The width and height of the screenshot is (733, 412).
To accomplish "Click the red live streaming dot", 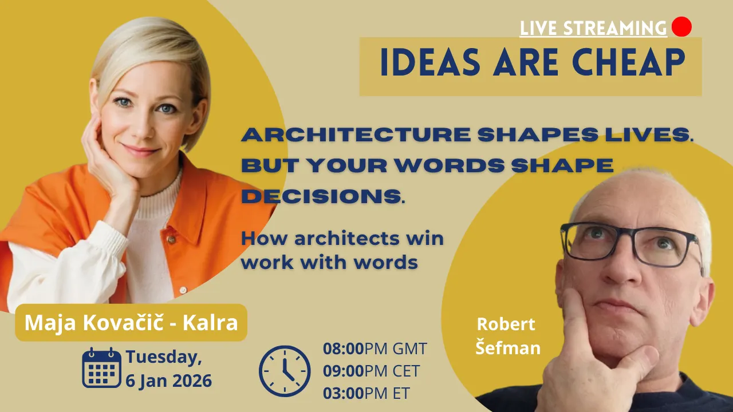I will (681, 26).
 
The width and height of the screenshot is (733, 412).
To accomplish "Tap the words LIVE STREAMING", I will (593, 27).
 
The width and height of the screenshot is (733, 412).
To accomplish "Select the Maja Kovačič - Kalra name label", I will (131, 323).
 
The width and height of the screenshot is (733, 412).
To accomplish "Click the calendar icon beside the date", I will (101, 367).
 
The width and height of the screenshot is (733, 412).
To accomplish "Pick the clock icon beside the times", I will (285, 371).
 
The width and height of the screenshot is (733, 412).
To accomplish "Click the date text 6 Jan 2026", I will (169, 380).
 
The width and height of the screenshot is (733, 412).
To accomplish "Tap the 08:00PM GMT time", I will (375, 348).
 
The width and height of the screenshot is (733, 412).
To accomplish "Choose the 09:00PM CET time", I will (371, 371).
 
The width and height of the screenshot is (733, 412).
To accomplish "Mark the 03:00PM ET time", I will (366, 393).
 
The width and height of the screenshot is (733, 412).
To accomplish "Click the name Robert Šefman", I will (507, 336).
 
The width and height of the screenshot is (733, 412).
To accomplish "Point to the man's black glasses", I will (630, 243).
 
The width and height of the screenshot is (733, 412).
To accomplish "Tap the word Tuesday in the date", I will (163, 357).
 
